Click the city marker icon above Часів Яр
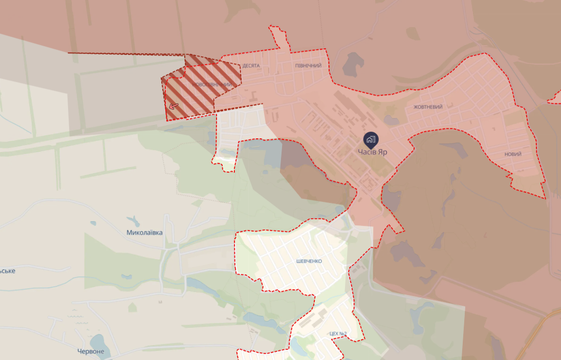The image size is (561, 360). click(x=371, y=139)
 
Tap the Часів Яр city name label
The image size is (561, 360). click(x=372, y=152)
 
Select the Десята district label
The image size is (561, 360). click(x=251, y=66)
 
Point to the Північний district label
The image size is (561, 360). click(x=308, y=66)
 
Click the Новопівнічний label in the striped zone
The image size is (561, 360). click(x=212, y=84)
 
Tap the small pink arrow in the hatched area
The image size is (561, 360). click(x=174, y=106)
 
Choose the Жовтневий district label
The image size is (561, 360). click(x=428, y=107)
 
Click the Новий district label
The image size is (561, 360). click(x=512, y=154)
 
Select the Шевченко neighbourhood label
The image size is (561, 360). click(x=309, y=261)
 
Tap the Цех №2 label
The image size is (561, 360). click(x=338, y=334)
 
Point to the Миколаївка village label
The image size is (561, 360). click(x=144, y=232)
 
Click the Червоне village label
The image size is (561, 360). click(x=91, y=351)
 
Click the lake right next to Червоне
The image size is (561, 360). click(x=96, y=341)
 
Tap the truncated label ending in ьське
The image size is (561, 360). click(x=7, y=270)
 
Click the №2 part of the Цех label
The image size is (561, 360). click(x=343, y=334)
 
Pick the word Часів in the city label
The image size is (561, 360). click(x=366, y=152)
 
